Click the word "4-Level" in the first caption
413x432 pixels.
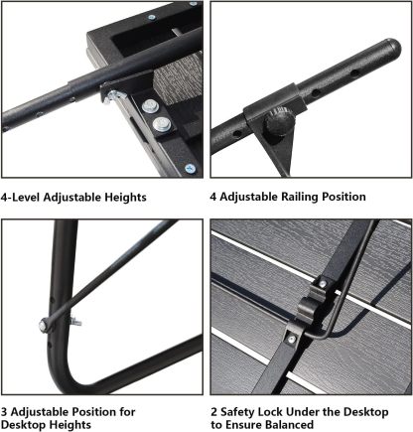coord(25,197)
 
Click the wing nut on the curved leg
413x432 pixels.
coord(74,321)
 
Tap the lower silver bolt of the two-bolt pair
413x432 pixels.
coord(160,124)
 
